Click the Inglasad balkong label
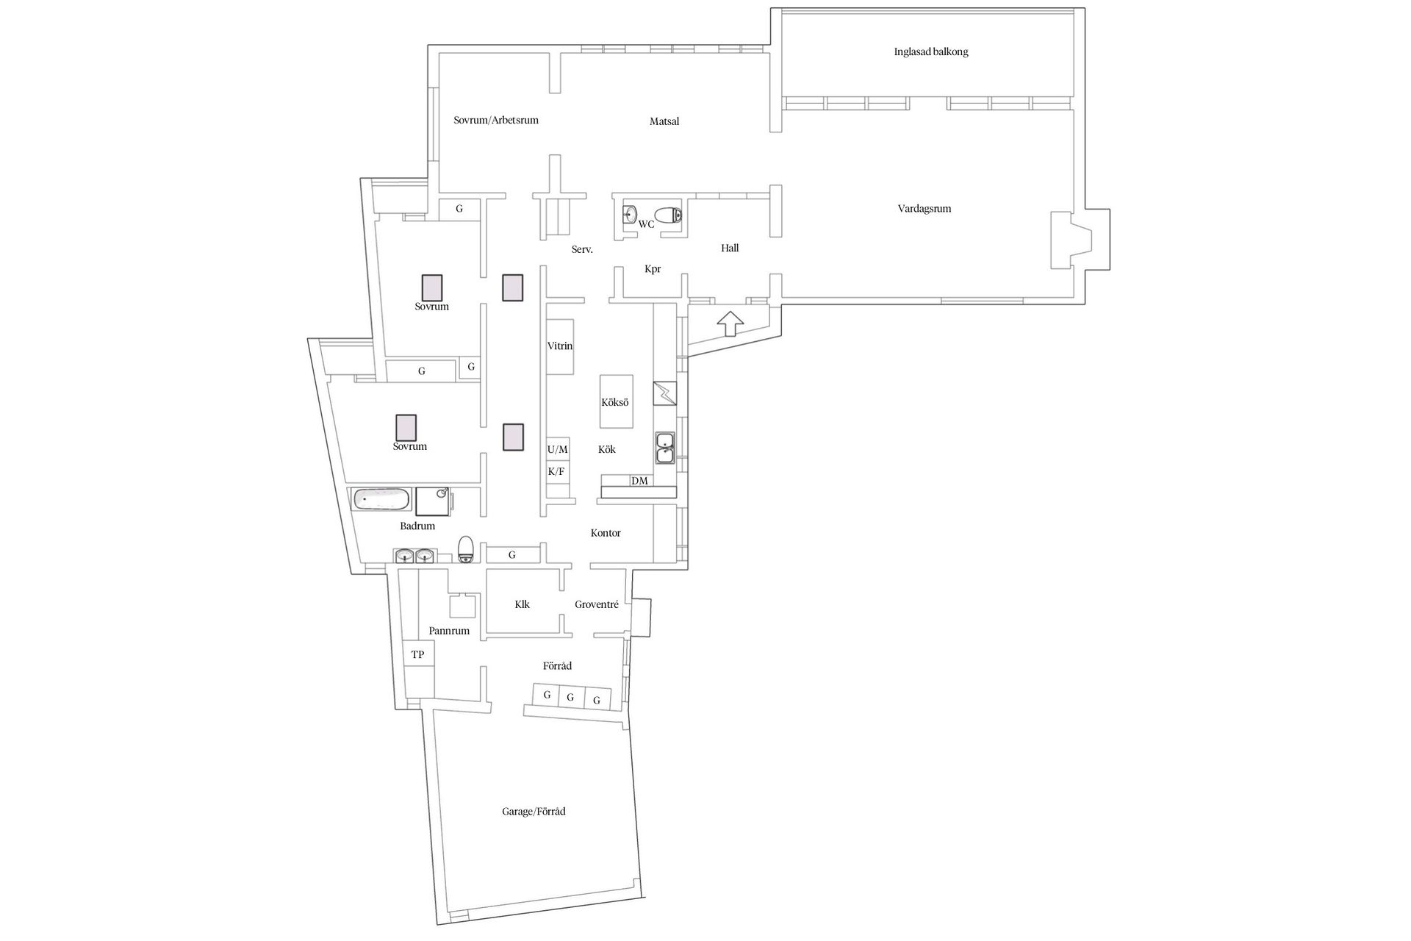tap(930, 52)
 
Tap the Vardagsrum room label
tap(924, 209)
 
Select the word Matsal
tap(664, 121)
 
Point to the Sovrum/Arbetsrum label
tap(496, 120)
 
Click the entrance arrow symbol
tap(730, 323)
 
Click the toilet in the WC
tap(668, 215)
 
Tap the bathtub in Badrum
tap(381, 500)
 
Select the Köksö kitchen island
tap(616, 402)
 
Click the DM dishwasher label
tap(639, 481)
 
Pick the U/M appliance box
tap(558, 449)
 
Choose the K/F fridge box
tap(557, 472)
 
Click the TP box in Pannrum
tap(417, 654)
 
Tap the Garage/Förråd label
tap(534, 812)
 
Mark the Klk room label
tap(522, 604)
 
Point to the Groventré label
tap(596, 604)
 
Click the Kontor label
tap(606, 533)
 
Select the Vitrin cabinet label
tap(560, 346)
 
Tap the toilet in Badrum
tap(465, 549)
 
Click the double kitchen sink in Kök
tap(665, 448)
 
